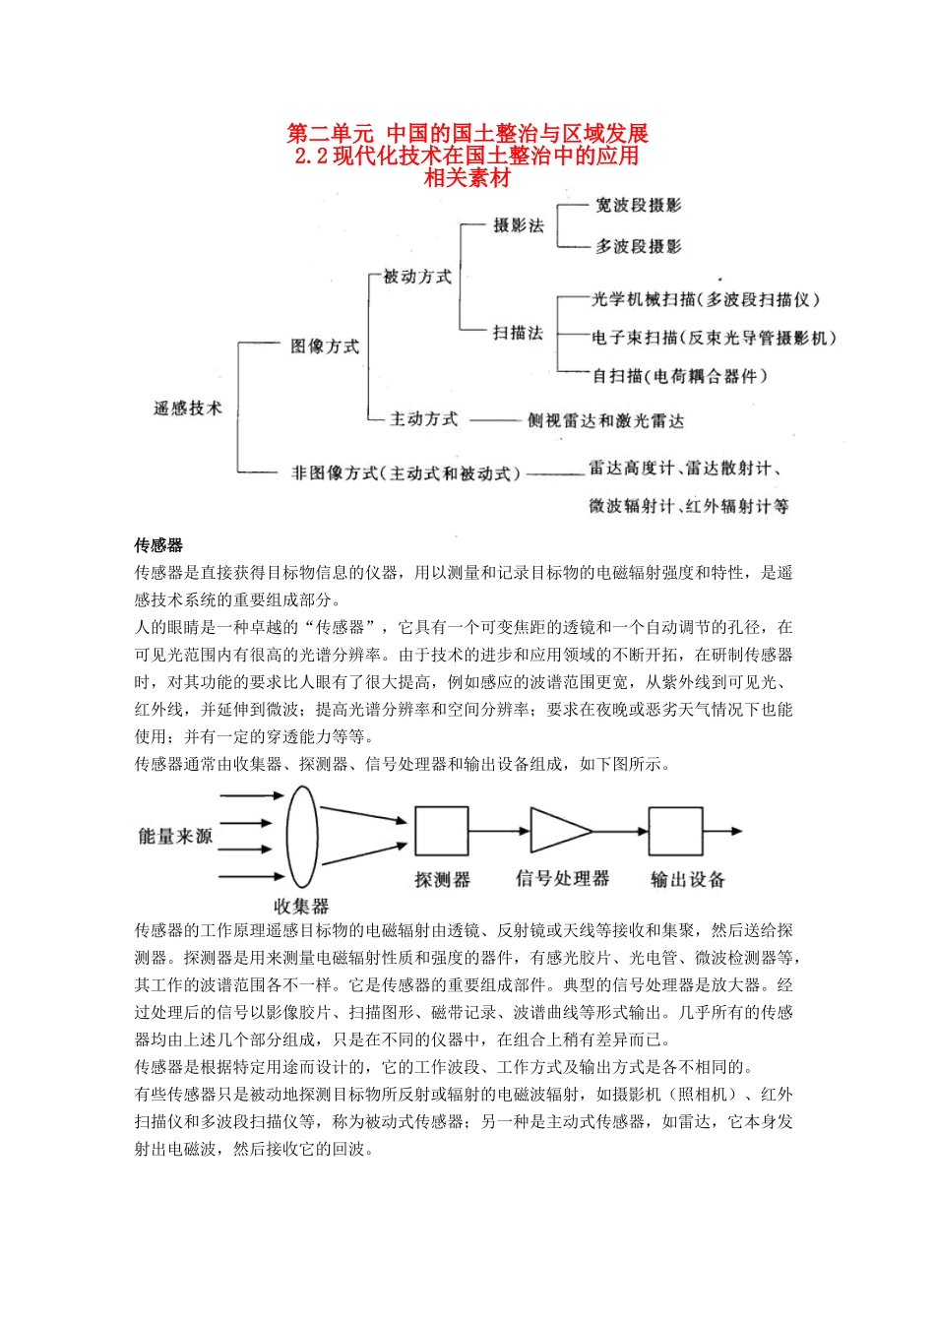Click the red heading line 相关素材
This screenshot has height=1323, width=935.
click(467, 178)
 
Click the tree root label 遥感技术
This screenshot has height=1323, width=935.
click(188, 408)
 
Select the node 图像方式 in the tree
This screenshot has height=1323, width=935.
click(325, 346)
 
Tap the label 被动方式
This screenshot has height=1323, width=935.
click(417, 277)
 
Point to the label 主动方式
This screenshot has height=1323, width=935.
click(423, 419)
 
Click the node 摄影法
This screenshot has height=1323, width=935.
click(519, 225)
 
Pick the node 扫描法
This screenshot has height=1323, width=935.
click(519, 333)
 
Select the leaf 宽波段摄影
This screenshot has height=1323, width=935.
click(638, 205)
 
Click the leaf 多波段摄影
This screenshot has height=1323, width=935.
click(638, 246)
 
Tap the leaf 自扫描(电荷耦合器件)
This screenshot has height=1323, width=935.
click(679, 375)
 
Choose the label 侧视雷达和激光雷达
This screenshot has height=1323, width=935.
click(605, 420)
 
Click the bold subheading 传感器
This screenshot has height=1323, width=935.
click(158, 545)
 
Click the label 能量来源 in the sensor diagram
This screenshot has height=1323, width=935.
click(175, 836)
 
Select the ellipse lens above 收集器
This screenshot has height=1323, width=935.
click(302, 837)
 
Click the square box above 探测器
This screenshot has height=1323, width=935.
click(441, 831)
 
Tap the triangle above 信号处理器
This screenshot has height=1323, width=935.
click(557, 831)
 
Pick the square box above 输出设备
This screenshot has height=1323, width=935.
click(675, 831)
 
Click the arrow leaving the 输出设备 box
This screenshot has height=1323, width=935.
click(723, 831)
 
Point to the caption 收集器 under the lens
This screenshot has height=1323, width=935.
click(301, 906)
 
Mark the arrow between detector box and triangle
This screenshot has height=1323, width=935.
click(499, 831)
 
